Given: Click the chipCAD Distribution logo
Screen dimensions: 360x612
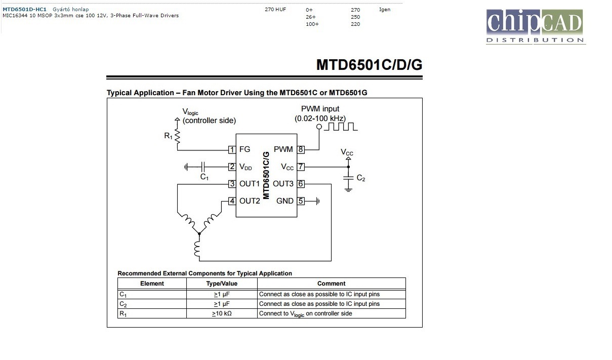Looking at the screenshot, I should [x=536, y=26].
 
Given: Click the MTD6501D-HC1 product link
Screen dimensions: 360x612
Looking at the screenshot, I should [x=24, y=9].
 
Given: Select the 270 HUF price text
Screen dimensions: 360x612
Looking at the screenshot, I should [x=275, y=9].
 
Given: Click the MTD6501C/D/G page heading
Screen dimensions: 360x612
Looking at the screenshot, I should [x=369, y=65].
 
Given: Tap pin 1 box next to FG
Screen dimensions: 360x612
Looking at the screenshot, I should [x=232, y=150].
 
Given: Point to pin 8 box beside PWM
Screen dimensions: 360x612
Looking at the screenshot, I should [x=301, y=149].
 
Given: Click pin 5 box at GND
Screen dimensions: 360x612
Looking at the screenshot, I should [x=301, y=201].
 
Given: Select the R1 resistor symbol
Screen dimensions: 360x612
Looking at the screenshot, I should [x=177, y=136].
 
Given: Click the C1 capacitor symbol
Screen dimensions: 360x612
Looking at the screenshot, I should [x=202, y=167].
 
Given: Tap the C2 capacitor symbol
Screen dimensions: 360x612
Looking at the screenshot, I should [x=348, y=178].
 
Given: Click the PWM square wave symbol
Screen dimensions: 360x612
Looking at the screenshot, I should [x=341, y=126].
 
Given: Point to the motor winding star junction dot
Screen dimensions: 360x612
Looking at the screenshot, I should [x=199, y=233].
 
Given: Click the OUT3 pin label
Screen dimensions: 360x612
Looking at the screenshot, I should [x=283, y=184].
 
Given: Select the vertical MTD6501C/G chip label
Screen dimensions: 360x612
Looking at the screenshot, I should [x=266, y=175].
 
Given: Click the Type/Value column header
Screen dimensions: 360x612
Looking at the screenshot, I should [x=222, y=284].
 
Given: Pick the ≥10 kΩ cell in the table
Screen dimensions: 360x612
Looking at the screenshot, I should [x=222, y=313].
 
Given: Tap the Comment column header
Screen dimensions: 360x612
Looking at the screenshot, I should [x=331, y=284].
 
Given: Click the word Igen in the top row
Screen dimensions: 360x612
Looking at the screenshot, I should [x=385, y=9].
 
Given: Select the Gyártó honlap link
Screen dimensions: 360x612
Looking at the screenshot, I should [x=70, y=9].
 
